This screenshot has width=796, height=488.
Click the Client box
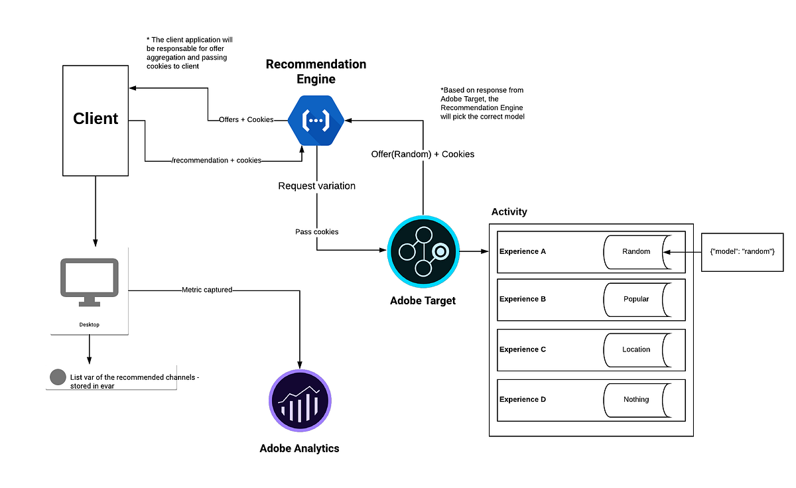coord(96,120)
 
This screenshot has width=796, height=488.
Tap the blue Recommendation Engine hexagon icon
coord(316,120)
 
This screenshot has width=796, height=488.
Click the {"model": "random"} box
coord(742,252)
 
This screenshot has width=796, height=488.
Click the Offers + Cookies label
coord(246,120)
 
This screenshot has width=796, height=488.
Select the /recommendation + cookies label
coord(216,160)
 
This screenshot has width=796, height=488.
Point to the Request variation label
coord(316,186)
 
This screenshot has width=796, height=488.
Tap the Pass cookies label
coord(316,232)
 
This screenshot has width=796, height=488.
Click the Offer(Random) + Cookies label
coord(423,154)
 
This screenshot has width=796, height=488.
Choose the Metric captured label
coord(207,290)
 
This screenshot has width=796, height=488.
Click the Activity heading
coord(509,212)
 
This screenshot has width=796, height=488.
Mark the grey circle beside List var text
coord(58,377)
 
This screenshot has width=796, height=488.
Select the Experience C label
coord(523,349)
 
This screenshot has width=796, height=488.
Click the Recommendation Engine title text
coord(316,72)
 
